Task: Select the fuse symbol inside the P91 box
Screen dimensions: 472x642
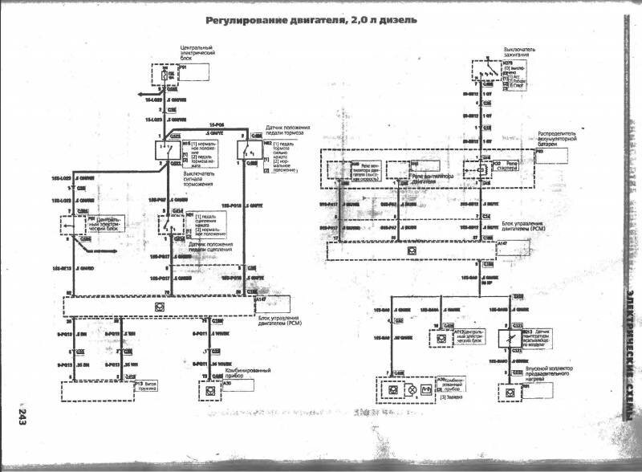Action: pyautogui.click(x=165, y=76)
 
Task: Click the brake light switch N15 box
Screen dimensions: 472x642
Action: pyautogui.click(x=173, y=152)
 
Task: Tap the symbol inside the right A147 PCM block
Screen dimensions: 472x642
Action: pyautogui.click(x=410, y=250)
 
